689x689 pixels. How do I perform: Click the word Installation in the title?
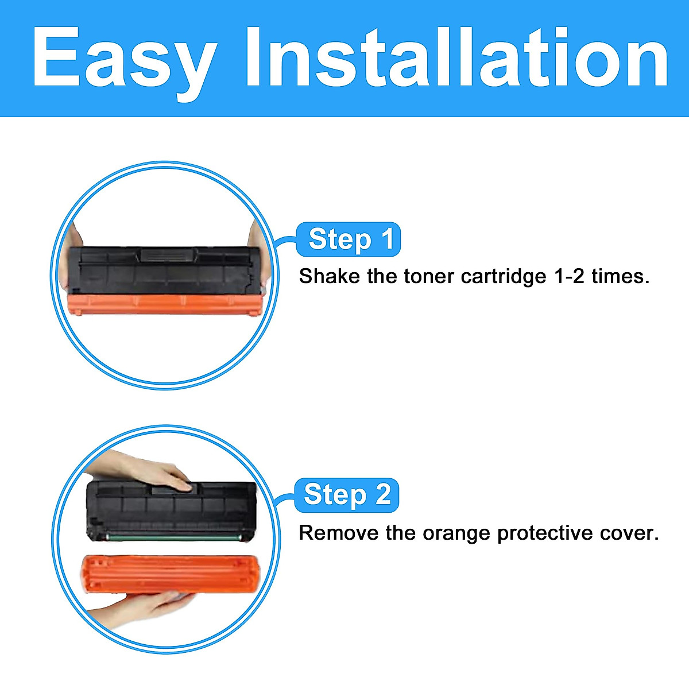pyautogui.click(x=456, y=57)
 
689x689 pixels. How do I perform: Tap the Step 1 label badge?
pyautogui.click(x=349, y=239)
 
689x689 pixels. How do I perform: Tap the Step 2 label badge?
pyautogui.click(x=347, y=495)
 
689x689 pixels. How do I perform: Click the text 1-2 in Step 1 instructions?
pyautogui.click(x=570, y=276)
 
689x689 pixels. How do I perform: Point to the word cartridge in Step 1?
pyautogui.click(x=504, y=277)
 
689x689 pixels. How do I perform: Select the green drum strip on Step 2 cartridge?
pyautogui.click(x=172, y=537)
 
